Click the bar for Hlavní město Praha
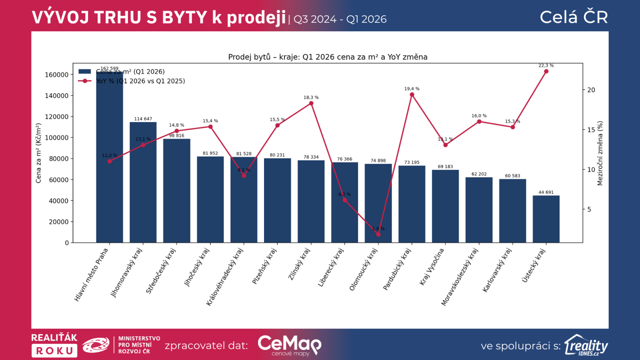[109, 160]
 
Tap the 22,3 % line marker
[546, 72]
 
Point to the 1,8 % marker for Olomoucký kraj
[378, 234]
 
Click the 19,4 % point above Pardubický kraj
[412, 95]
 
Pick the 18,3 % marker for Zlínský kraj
[311, 104]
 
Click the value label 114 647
[143, 119]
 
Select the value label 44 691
[546, 192]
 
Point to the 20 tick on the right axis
[591, 90]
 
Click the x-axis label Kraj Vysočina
[432, 266]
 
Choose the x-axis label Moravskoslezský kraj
[460, 277]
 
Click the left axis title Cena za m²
[38, 153]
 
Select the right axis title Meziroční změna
[600, 154]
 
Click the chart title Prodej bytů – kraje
[328, 57]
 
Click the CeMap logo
[289, 345]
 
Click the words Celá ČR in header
[574, 17]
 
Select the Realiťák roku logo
[54, 345]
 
